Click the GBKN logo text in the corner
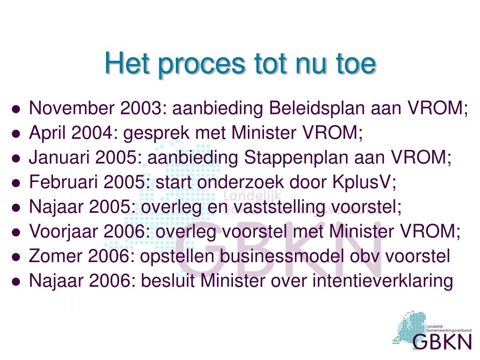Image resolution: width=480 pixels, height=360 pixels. pyautogui.click(x=442, y=341)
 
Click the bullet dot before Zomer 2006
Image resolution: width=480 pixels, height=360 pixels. pyautogui.click(x=16, y=257)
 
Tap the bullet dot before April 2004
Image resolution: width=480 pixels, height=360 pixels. pyautogui.click(x=16, y=134)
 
